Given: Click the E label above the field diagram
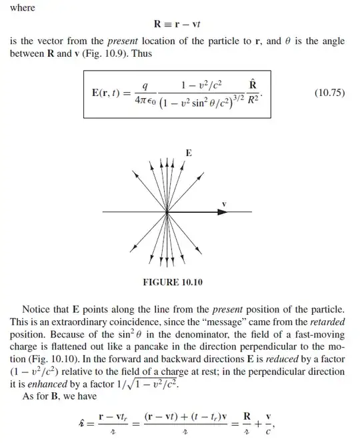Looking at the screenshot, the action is (x=189, y=153).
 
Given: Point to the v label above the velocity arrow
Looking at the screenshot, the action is (x=224, y=203).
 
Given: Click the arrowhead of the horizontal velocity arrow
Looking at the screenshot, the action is (x=222, y=211).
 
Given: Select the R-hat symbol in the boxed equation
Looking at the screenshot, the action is (x=253, y=85).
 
